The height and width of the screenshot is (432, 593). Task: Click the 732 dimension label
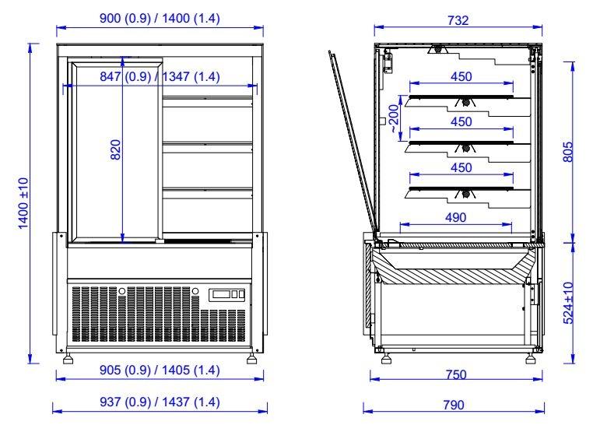pos(458,20)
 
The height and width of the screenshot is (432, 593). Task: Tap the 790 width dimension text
pos(454,405)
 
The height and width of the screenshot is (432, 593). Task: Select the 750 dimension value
pos(456,374)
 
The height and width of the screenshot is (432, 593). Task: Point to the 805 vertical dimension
pos(568,152)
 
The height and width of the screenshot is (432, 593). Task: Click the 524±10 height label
pos(568,303)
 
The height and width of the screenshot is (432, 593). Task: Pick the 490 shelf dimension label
pos(456,217)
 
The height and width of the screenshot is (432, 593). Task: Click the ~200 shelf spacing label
pos(394,119)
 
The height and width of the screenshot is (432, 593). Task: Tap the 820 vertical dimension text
pos(116,149)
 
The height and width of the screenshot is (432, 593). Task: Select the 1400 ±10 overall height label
pos(23,203)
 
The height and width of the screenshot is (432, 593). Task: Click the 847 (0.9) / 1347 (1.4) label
pos(160,76)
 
